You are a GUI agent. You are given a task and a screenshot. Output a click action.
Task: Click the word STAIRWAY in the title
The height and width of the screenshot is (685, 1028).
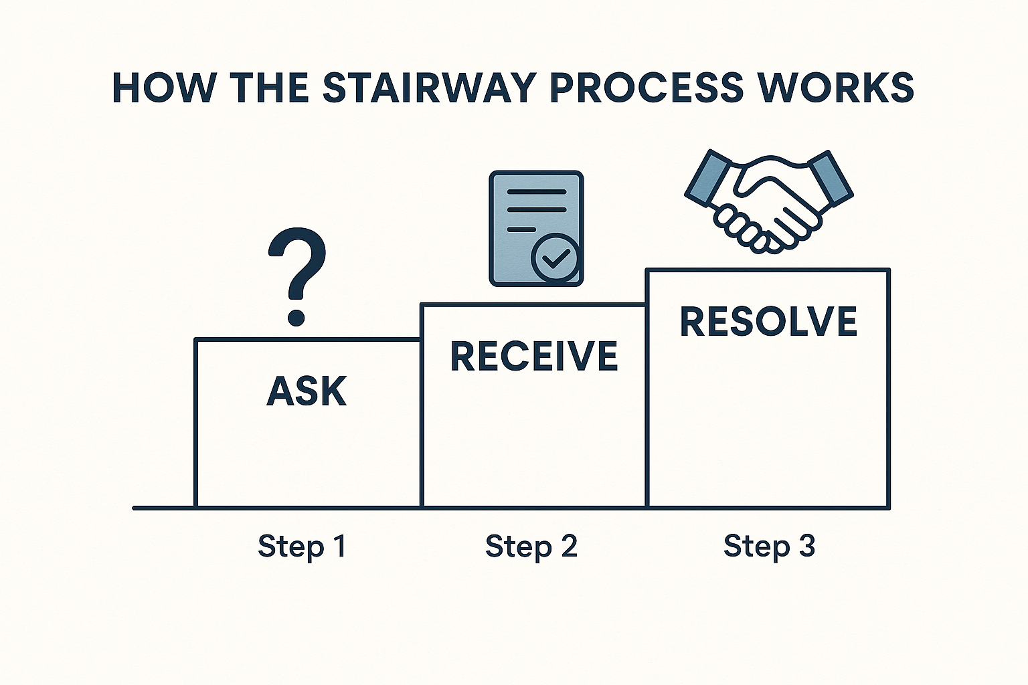(430, 88)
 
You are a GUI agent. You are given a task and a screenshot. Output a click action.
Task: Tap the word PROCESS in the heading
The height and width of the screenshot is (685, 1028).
(647, 88)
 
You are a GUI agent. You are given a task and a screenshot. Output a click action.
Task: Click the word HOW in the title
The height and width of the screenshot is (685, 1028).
(163, 88)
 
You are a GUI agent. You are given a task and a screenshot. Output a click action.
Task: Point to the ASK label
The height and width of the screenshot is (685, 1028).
(307, 391)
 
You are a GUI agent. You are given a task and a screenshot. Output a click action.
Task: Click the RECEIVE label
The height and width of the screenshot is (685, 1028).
(534, 356)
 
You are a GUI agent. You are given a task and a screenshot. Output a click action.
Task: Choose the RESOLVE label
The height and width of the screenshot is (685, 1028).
(768, 321)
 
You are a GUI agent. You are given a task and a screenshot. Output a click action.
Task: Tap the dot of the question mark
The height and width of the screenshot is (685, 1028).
(296, 317)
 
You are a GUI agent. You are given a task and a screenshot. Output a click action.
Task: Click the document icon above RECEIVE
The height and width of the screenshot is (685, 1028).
(536, 229)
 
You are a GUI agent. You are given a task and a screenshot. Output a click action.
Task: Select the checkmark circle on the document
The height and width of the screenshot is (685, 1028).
(554, 258)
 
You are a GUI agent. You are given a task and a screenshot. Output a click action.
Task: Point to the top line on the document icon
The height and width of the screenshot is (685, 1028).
(536, 192)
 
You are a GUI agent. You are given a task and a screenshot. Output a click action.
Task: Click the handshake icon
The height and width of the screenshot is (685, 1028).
(769, 201)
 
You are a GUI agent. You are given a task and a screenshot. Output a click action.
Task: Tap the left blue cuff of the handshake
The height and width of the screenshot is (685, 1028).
(707, 179)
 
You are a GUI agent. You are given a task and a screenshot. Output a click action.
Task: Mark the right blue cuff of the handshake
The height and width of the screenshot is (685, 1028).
(830, 177)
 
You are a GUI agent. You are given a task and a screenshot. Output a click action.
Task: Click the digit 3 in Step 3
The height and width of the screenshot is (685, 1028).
(807, 545)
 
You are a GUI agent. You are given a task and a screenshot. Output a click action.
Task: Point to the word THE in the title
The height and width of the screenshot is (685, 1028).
(269, 88)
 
